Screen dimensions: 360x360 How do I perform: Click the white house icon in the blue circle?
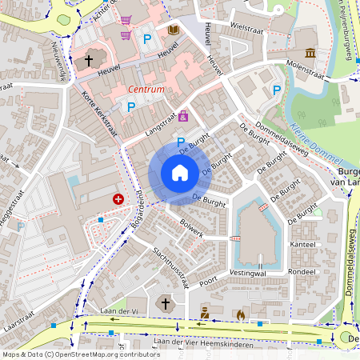pos(180,173)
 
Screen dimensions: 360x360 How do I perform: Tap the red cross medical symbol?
pos(119,198)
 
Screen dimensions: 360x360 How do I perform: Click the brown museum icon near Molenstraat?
pos(310,54)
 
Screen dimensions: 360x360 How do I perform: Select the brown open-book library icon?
pos(174,30)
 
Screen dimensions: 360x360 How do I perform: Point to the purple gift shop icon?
pos(184,117)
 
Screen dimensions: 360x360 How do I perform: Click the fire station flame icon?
pos(240,314)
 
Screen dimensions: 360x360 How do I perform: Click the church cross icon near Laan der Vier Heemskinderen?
pos(165,304)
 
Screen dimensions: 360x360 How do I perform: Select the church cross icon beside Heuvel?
pos(88,60)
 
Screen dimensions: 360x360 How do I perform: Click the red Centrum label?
pos(146,90)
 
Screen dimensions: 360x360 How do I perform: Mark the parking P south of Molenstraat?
pos(277,90)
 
